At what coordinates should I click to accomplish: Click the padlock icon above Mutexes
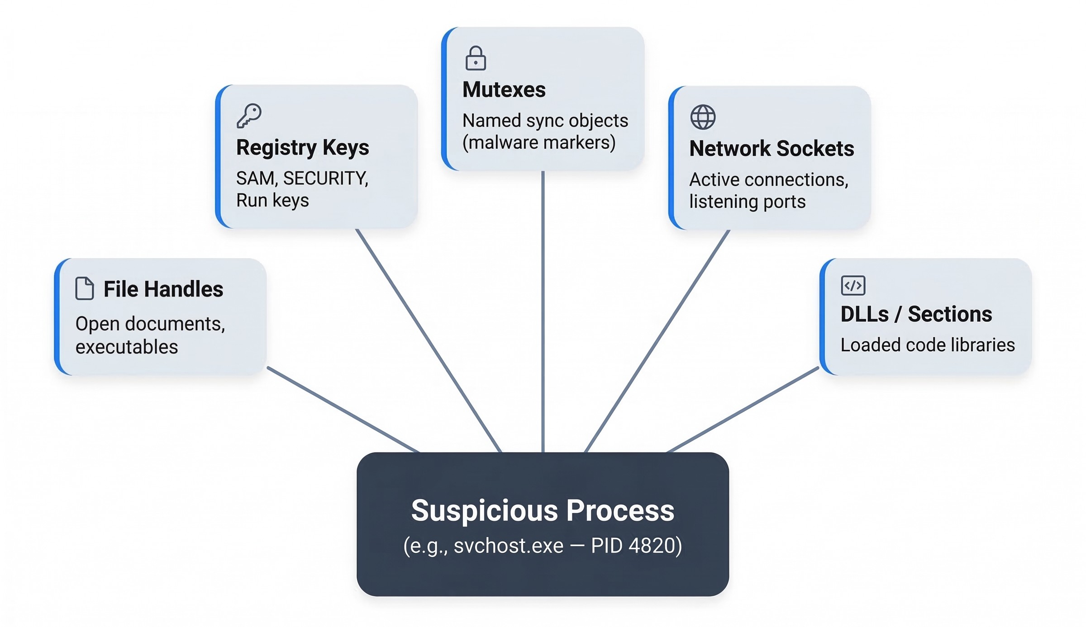click(476, 58)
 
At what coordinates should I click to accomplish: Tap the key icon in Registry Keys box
click(249, 116)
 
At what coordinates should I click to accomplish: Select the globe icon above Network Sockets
click(703, 117)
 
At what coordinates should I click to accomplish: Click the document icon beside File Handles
click(85, 288)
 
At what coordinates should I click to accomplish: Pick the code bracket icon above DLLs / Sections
click(853, 285)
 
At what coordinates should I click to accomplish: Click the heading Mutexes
click(504, 90)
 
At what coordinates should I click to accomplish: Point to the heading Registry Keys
click(302, 147)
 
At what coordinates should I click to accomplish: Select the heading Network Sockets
click(772, 149)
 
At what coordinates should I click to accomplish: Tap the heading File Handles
click(163, 289)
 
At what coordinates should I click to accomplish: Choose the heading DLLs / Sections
click(916, 314)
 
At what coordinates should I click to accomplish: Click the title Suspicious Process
click(543, 511)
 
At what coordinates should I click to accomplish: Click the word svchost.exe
click(508, 546)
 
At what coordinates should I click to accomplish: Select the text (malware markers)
click(538, 143)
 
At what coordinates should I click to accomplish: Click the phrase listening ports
click(747, 202)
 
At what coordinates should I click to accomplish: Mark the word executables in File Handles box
click(127, 347)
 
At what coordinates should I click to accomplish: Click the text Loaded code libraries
click(927, 345)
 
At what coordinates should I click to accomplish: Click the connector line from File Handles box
click(344, 410)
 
